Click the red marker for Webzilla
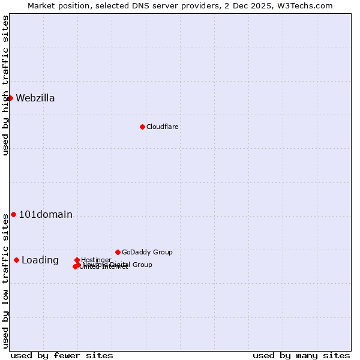(10, 98)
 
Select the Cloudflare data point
(142, 127)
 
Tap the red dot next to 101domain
(13, 214)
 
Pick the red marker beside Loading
(16, 260)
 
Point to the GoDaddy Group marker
(118, 252)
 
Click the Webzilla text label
(35, 98)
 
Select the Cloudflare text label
(163, 127)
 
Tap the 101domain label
(46, 215)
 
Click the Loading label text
(40, 260)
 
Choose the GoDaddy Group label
(147, 252)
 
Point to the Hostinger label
(96, 260)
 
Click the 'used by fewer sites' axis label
(62, 355)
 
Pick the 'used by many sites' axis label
(301, 355)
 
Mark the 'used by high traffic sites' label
(6, 85)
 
